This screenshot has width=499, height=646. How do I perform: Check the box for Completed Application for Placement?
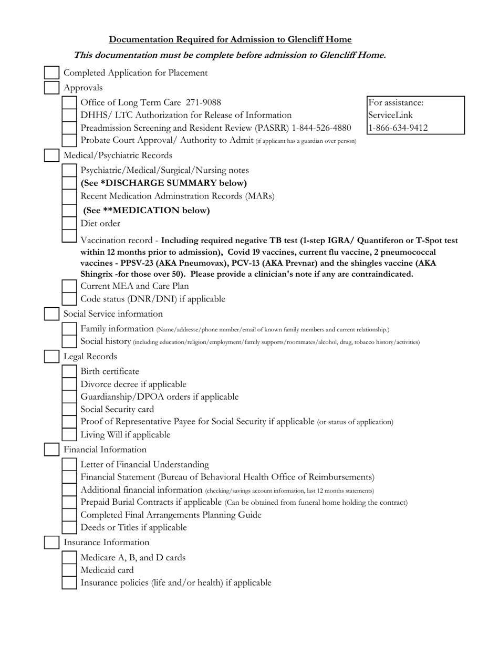click(51, 73)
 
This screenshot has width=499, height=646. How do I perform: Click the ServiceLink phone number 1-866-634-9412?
click(398, 128)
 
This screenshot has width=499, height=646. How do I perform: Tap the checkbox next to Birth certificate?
click(69, 371)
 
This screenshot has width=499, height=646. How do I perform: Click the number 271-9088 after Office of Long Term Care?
click(203, 102)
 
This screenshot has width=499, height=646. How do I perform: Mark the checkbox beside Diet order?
click(69, 223)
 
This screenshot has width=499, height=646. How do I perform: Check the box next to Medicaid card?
click(69, 570)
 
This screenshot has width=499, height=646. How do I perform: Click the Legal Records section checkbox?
click(51, 357)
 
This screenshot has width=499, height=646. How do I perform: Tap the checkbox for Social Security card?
click(69, 409)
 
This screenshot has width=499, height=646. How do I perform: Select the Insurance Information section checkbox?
click(51, 543)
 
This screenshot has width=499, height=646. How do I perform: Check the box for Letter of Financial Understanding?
click(69, 464)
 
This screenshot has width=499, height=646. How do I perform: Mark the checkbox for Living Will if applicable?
click(69, 435)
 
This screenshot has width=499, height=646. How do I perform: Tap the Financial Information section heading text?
click(105, 450)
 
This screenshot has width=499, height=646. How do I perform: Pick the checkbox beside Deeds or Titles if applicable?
click(69, 527)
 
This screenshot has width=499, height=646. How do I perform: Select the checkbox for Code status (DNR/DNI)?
click(69, 299)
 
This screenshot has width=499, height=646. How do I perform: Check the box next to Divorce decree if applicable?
click(69, 384)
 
